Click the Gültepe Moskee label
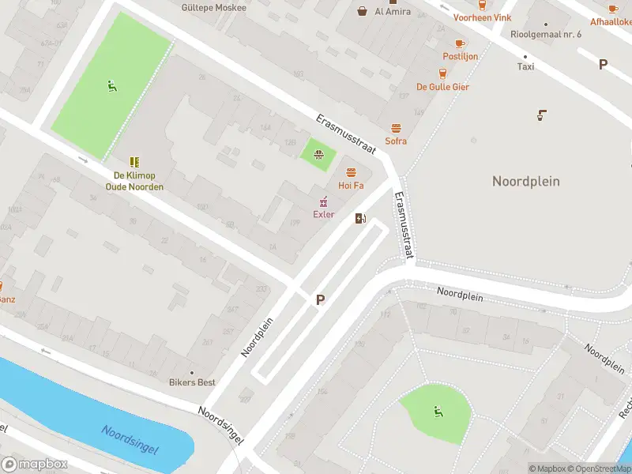click(213, 8)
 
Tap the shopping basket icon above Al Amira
click(363, 11)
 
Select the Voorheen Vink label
click(482, 17)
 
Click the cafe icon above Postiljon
click(460, 43)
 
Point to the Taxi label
click(525, 66)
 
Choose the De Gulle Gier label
click(442, 87)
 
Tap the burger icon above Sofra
click(396, 128)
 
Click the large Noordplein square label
click(525, 181)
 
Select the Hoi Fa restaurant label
click(351, 186)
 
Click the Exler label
click(324, 214)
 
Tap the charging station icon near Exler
click(361, 219)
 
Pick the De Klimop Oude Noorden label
click(134, 181)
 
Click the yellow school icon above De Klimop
click(134, 161)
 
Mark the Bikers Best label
click(192, 382)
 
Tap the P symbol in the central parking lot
click(320, 300)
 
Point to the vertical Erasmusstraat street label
click(404, 226)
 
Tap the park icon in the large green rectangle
click(111, 86)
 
